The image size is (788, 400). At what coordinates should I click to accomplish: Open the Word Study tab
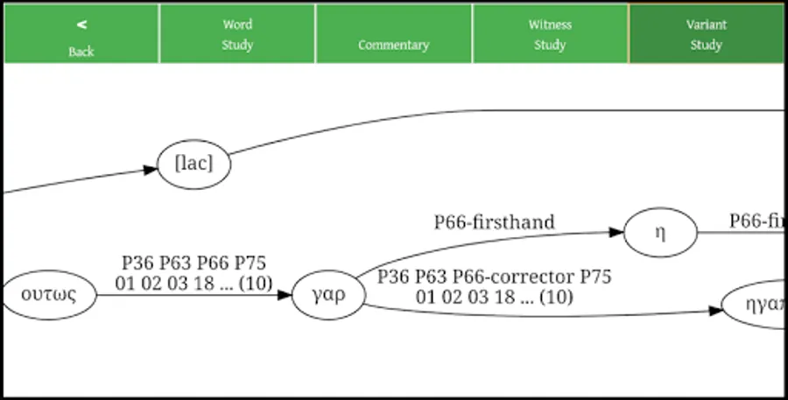(237, 35)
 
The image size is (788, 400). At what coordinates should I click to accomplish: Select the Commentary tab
(393, 44)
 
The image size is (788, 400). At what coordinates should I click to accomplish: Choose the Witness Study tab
(550, 35)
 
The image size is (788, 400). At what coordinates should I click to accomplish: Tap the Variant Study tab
(706, 35)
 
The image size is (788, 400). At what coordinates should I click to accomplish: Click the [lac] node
(193, 164)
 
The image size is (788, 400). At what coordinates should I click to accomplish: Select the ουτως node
(48, 295)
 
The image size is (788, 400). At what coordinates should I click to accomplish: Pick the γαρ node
(326, 295)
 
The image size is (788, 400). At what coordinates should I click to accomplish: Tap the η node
(660, 233)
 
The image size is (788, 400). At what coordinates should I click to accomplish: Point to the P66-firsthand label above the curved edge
(495, 222)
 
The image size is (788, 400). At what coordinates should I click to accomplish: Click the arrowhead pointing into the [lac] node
(151, 170)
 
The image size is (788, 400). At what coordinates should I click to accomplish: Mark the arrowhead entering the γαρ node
(284, 295)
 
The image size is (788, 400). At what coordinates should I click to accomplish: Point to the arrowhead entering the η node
(617, 233)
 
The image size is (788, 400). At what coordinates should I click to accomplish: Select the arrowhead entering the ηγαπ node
(715, 311)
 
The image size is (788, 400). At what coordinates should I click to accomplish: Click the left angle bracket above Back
(81, 25)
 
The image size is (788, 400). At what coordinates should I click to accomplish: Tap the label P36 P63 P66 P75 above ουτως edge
(193, 263)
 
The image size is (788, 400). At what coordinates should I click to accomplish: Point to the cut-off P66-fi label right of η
(758, 222)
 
